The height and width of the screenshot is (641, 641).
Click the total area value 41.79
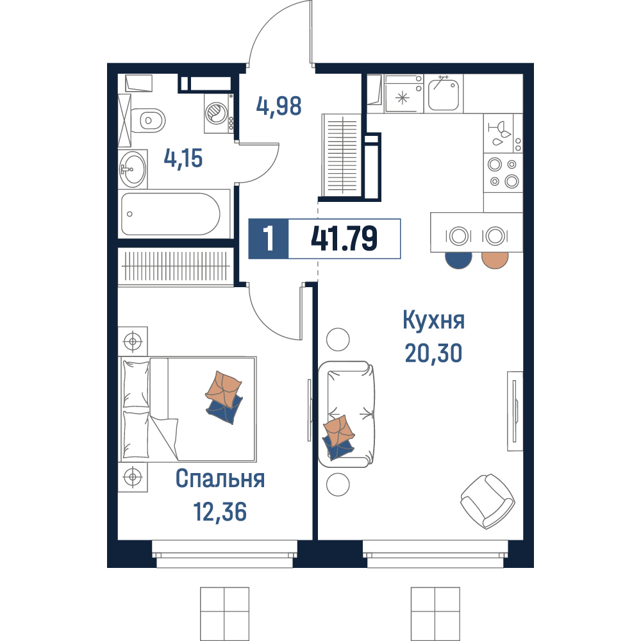click(x=344, y=238)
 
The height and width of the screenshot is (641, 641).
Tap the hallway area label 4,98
click(x=279, y=106)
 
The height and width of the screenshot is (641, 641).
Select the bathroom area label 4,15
click(x=183, y=158)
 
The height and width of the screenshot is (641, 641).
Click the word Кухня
click(x=434, y=320)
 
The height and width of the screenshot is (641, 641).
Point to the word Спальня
click(x=220, y=478)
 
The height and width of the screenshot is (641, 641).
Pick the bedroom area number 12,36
click(x=220, y=512)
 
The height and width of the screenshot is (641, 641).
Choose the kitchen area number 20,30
click(x=434, y=353)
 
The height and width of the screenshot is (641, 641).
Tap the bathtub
click(x=171, y=214)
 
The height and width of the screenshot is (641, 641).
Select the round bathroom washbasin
click(x=133, y=168)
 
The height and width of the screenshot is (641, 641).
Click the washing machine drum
click(x=215, y=112)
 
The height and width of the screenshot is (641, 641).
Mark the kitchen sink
click(x=444, y=93)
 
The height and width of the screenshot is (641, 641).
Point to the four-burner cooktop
click(x=503, y=172)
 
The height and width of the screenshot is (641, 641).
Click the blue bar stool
click(x=458, y=260)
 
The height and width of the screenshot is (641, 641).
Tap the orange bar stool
click(x=495, y=260)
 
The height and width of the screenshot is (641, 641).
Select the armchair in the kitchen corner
click(x=488, y=501)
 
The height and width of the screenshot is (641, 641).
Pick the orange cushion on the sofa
click(x=338, y=431)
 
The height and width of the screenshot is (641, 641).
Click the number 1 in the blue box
click(x=269, y=238)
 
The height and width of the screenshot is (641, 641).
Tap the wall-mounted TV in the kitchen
click(x=515, y=411)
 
